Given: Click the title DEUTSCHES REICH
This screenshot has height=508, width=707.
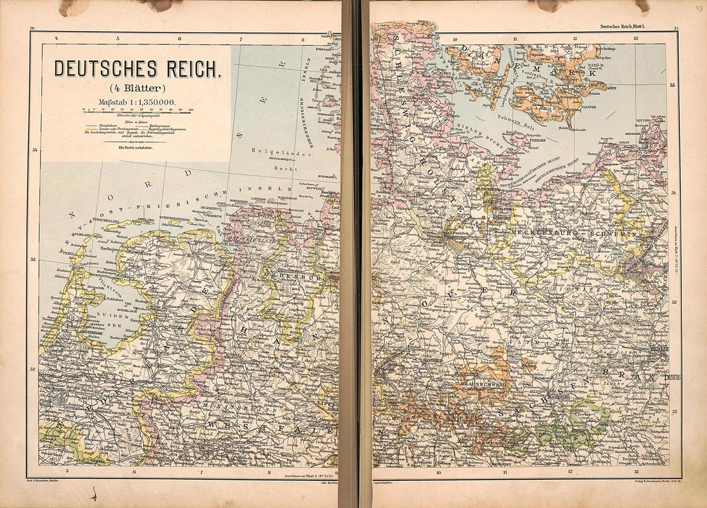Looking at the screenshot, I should pyautogui.click(x=137, y=68).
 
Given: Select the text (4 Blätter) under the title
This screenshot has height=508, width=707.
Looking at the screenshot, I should pyautogui.click(x=136, y=88).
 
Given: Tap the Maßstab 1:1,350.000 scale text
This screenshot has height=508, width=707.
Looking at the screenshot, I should pyautogui.click(x=136, y=101).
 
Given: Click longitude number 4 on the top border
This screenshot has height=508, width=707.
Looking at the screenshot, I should pyautogui.click(x=57, y=39).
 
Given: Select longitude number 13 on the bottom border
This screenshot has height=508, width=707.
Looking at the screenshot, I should pyautogui.click(x=636, y=471).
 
